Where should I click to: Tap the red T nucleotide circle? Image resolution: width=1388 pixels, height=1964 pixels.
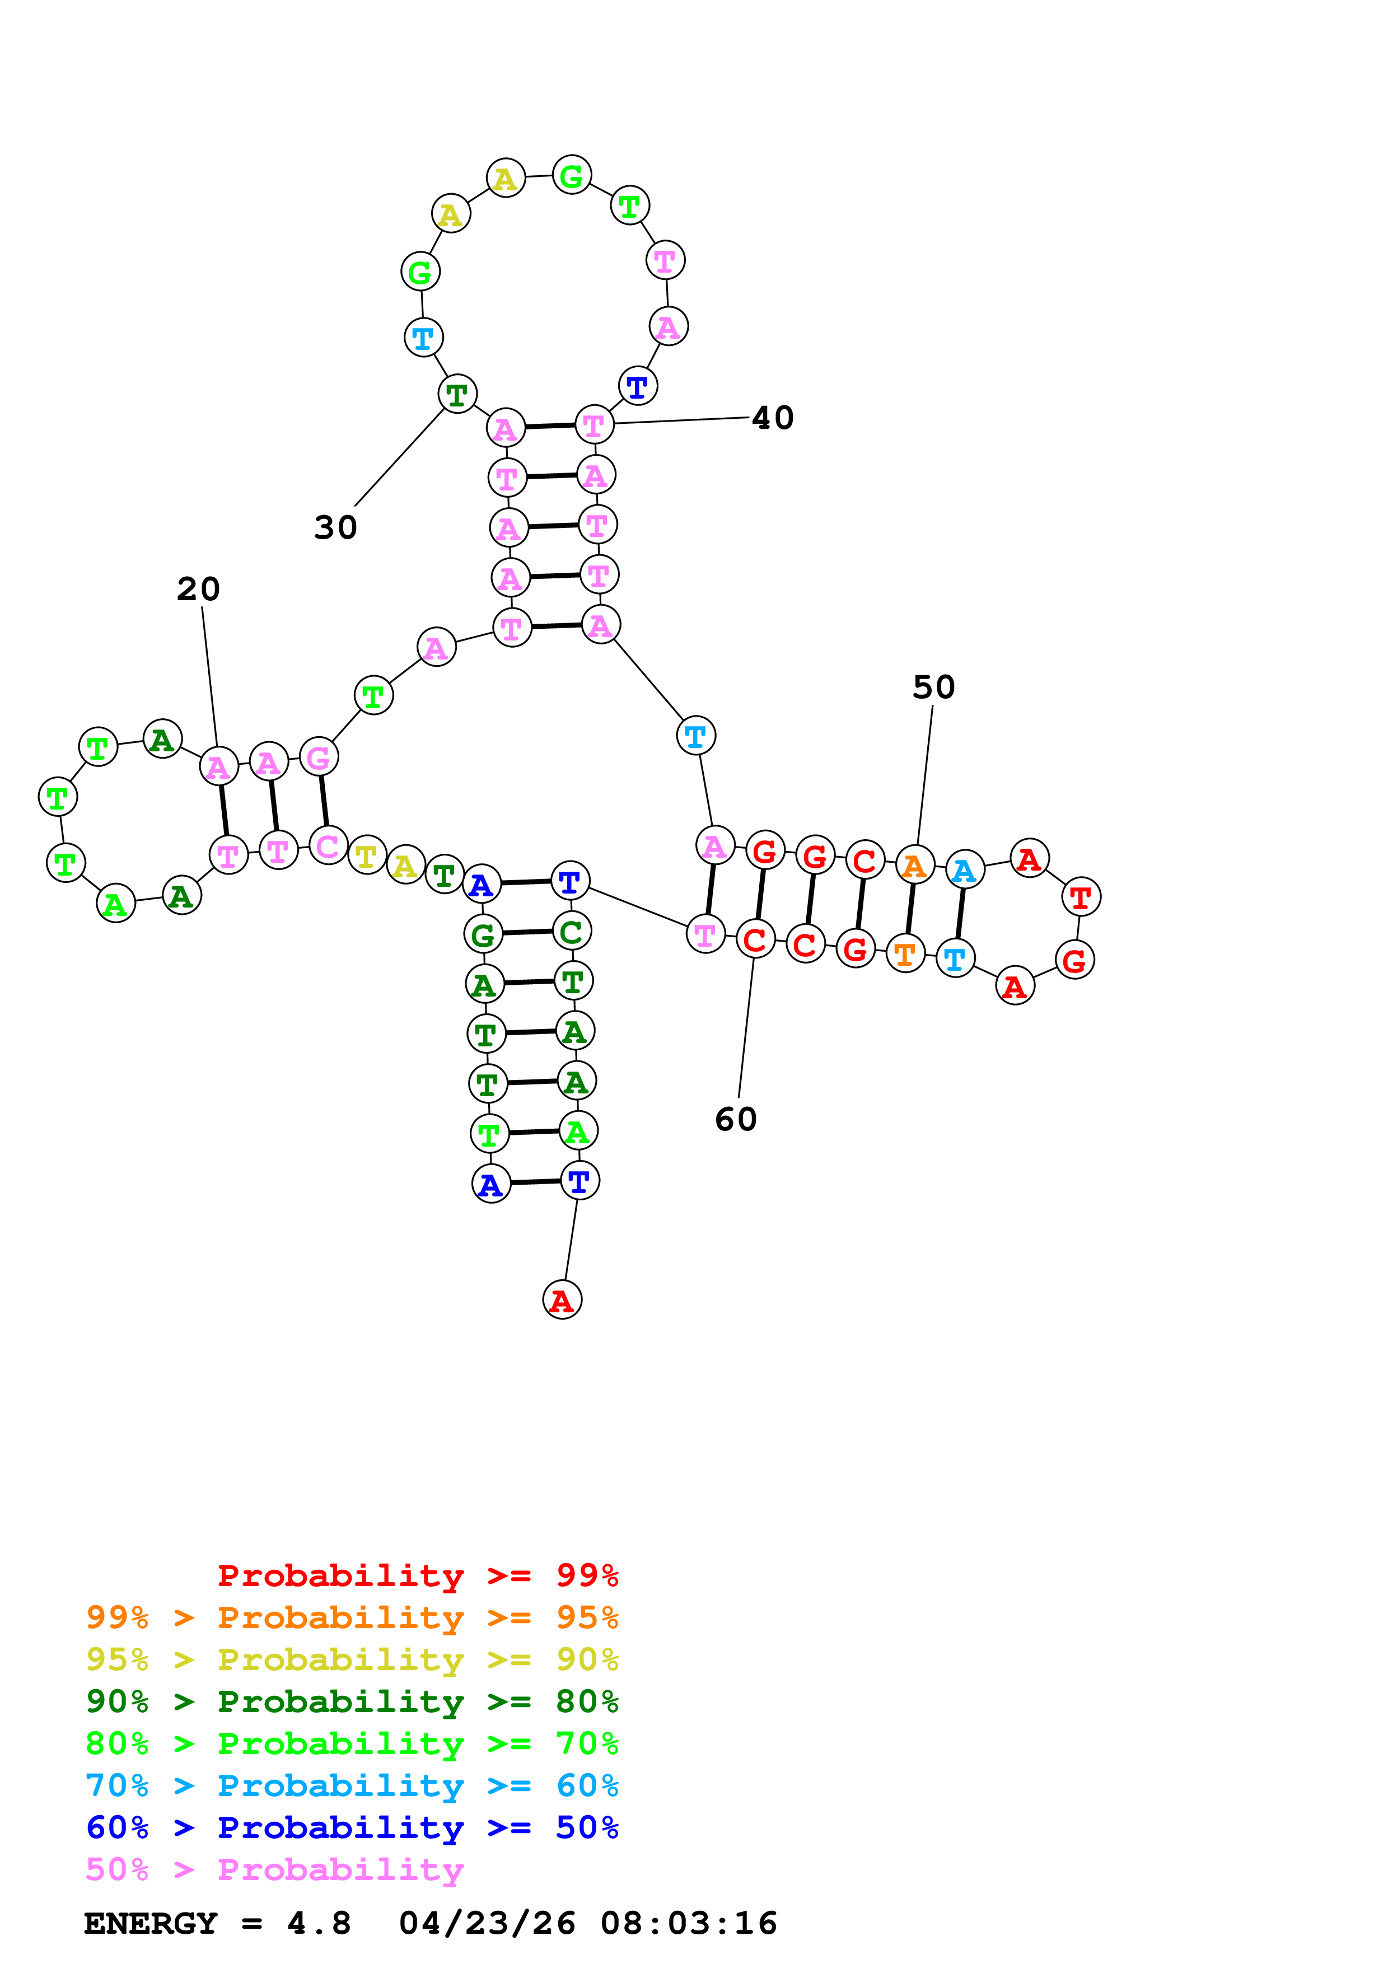pos(1081,897)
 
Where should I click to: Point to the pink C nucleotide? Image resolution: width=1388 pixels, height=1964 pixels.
pos(328,845)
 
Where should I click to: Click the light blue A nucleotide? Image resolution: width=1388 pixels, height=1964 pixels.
pos(965,870)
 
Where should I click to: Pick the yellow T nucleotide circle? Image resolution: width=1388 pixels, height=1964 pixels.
pos(367,854)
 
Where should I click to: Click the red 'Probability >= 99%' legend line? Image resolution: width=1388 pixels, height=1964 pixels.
pos(417,1575)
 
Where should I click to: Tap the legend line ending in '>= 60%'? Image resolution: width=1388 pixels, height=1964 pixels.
pos(352,1785)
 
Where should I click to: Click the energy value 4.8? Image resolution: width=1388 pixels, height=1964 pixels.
pos(319,1923)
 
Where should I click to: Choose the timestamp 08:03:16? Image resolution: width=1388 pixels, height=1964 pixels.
pos(689,1923)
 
